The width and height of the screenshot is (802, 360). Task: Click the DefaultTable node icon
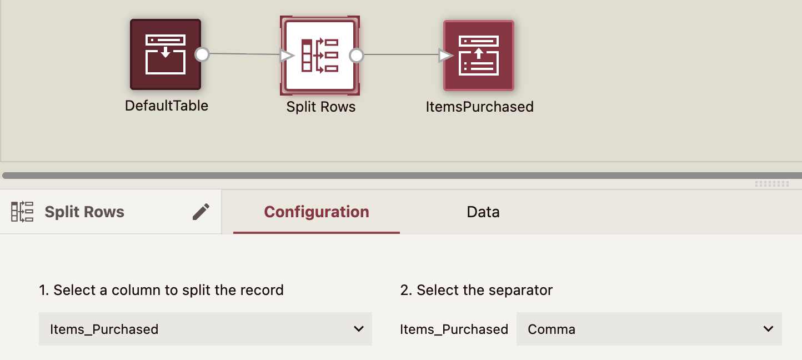tap(165, 54)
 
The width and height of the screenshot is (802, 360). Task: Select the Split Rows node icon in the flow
tap(319, 55)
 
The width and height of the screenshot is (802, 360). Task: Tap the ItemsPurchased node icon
tap(479, 55)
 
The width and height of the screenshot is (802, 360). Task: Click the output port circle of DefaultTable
tap(202, 54)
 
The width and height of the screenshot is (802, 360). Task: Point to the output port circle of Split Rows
tap(357, 56)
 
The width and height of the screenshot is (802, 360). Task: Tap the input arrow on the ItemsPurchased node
tap(445, 56)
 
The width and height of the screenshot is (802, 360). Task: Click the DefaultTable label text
tap(167, 106)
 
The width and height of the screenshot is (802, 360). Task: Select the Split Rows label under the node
tap(320, 107)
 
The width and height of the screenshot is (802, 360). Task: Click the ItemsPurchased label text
tap(479, 107)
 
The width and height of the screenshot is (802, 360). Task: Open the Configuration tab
tap(316, 212)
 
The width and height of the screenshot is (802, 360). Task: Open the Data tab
tap(483, 212)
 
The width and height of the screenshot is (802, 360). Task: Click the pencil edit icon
tap(201, 212)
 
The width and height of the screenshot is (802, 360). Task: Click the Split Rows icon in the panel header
tap(22, 212)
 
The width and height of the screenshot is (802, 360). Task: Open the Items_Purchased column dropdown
tap(205, 329)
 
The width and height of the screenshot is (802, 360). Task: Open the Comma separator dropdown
tap(649, 329)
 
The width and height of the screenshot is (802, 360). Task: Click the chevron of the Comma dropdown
tap(768, 329)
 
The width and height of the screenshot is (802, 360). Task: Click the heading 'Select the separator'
tap(476, 290)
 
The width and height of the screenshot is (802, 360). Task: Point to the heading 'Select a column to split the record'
tap(161, 290)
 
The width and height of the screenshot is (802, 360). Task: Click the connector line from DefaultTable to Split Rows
tap(244, 54)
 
